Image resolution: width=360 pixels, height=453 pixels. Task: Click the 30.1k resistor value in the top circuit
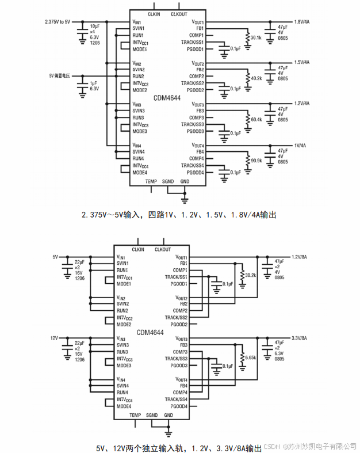(255, 37)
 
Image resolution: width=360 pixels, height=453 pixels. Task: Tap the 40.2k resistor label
(255, 79)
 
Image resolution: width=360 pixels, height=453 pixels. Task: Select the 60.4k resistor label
(255, 120)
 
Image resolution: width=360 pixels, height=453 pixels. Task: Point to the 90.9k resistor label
(255, 161)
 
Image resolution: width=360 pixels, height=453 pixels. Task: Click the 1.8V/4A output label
(302, 21)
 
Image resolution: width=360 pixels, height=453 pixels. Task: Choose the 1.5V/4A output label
(302, 62)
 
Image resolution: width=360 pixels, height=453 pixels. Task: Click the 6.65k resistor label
(251, 357)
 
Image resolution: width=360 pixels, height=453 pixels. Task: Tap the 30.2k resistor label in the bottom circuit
(251, 276)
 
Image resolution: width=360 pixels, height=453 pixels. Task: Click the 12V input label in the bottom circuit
(55, 338)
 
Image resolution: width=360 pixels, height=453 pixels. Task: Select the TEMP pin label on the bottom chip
(135, 415)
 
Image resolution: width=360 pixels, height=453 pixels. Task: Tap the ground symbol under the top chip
(185, 201)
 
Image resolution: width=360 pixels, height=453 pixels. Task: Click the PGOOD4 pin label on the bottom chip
(179, 406)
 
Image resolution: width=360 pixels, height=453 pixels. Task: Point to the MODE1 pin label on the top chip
(140, 49)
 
